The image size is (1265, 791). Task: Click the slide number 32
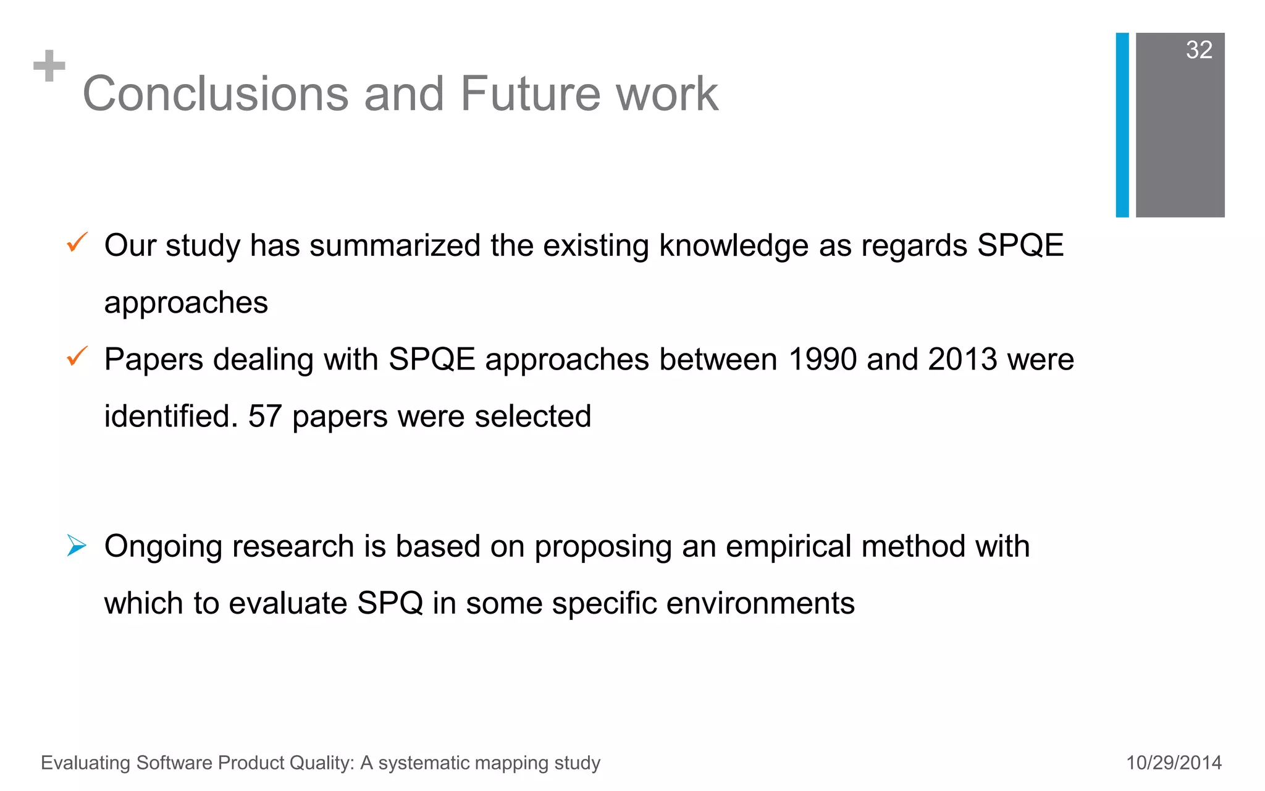click(1199, 50)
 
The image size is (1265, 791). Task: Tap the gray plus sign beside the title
click(49, 66)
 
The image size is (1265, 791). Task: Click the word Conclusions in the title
click(216, 94)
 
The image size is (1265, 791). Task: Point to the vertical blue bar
click(1122, 125)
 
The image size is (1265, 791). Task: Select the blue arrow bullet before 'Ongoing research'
click(77, 546)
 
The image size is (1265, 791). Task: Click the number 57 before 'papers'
click(265, 417)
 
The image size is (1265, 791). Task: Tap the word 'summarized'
click(395, 245)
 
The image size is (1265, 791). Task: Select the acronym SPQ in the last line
click(390, 603)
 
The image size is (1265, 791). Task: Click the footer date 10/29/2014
click(1174, 763)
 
